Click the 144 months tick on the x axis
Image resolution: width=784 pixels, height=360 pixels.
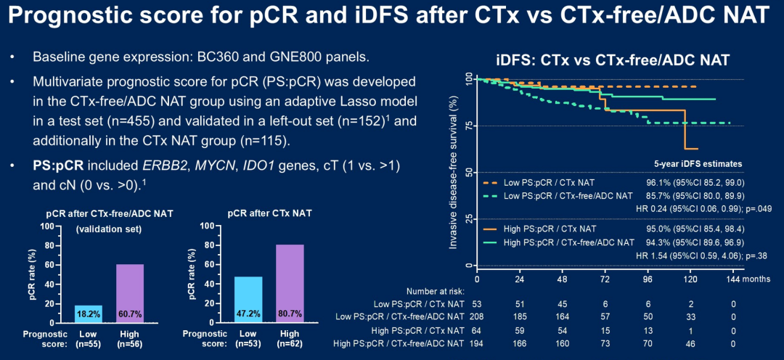[x=734, y=279]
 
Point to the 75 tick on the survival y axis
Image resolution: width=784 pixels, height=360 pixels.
[x=467, y=126]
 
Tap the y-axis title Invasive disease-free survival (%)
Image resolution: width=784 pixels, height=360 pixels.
[x=454, y=172]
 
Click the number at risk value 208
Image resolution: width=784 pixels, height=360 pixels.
[x=478, y=316]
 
